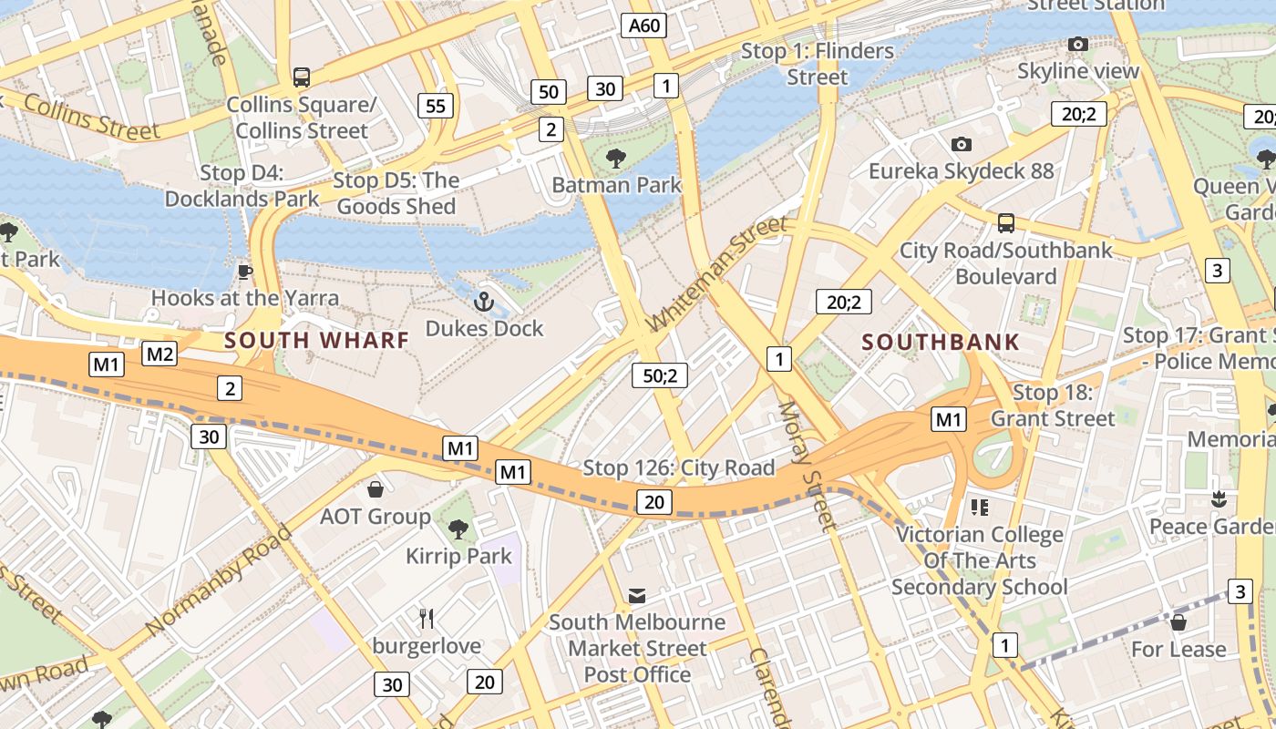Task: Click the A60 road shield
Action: pyautogui.click(x=644, y=26)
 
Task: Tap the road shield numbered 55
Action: pyautogui.click(x=436, y=106)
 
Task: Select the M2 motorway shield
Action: pyautogui.click(x=159, y=354)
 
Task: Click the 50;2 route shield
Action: pyautogui.click(x=659, y=375)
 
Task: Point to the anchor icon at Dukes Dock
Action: pyautogui.click(x=484, y=300)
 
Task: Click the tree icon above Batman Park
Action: pyautogui.click(x=616, y=159)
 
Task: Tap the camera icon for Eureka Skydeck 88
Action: pyautogui.click(x=961, y=144)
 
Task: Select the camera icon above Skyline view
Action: pyautogui.click(x=1077, y=44)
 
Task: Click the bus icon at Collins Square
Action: pyautogui.click(x=301, y=77)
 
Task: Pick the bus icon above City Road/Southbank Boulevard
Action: pyautogui.click(x=1006, y=223)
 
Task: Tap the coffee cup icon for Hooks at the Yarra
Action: pyautogui.click(x=244, y=272)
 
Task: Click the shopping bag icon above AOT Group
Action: pyautogui.click(x=375, y=489)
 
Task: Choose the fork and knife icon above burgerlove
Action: pyautogui.click(x=426, y=619)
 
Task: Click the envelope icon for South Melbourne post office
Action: pyautogui.click(x=637, y=596)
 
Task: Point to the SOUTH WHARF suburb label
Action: pyautogui.click(x=316, y=340)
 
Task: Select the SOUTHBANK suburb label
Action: pyautogui.click(x=941, y=342)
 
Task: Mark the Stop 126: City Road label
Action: pyautogui.click(x=678, y=468)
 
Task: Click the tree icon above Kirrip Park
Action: pyautogui.click(x=458, y=529)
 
